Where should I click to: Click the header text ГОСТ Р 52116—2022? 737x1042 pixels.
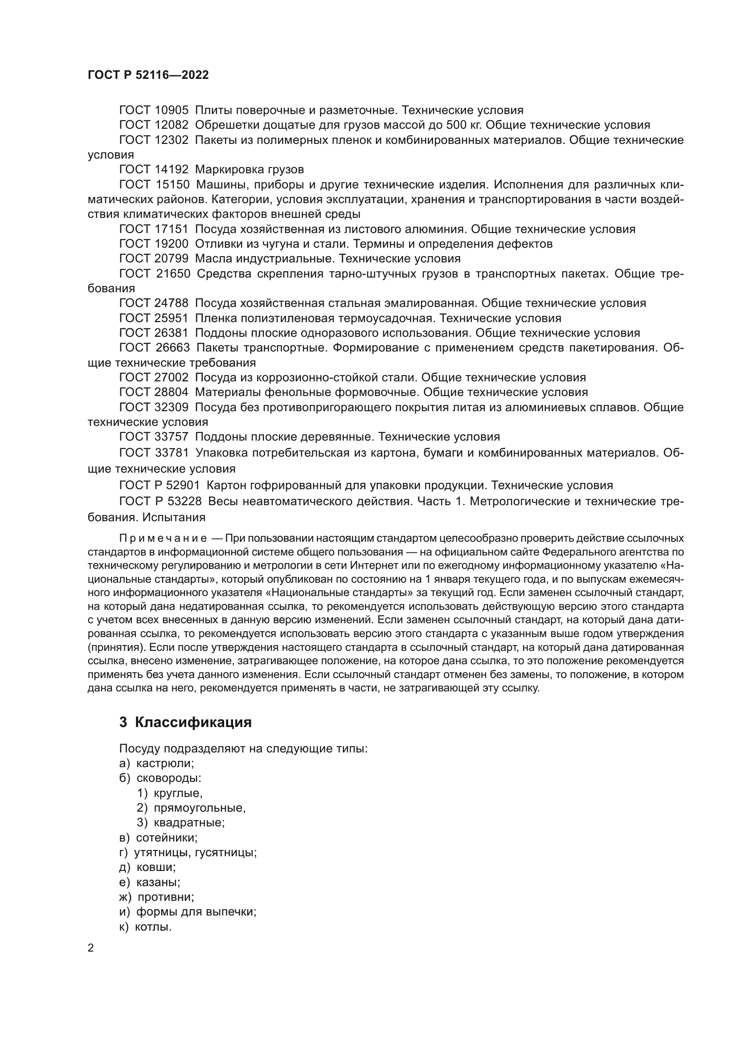[x=148, y=75]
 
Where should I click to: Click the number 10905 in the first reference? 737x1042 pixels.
[x=172, y=110]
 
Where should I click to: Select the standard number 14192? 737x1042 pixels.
[x=172, y=170]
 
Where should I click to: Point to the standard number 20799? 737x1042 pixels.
[x=172, y=259]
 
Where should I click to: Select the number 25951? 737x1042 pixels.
[x=172, y=318]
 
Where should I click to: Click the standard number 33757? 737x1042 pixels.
[x=172, y=437]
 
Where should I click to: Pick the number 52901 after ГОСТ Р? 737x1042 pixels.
[x=183, y=486]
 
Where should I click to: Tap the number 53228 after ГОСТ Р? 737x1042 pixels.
[x=183, y=502]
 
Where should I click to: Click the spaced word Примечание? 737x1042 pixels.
[x=163, y=539]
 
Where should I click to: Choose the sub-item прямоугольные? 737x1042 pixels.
[x=200, y=808]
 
